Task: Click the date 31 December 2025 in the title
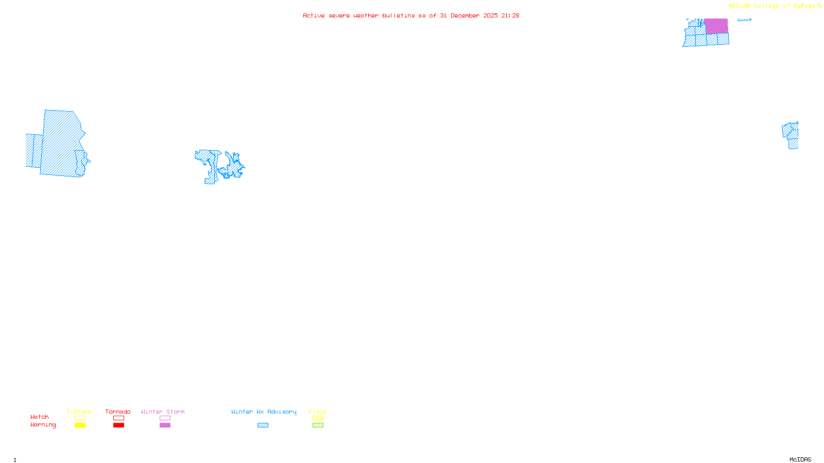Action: tap(469, 15)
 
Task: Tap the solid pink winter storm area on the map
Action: tap(716, 26)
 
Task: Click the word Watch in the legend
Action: tap(40, 417)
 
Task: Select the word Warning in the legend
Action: tap(43, 425)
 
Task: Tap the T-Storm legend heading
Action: tap(79, 412)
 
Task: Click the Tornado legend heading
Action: tap(118, 412)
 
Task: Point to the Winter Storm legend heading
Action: tap(163, 412)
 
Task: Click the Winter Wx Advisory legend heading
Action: tap(264, 412)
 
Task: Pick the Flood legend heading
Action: tap(318, 412)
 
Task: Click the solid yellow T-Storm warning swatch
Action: tap(80, 425)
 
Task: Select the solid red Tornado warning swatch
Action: tap(119, 425)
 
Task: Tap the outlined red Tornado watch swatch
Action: tap(119, 418)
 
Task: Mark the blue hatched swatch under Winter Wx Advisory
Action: tap(263, 425)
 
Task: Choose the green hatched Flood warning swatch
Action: tap(318, 425)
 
